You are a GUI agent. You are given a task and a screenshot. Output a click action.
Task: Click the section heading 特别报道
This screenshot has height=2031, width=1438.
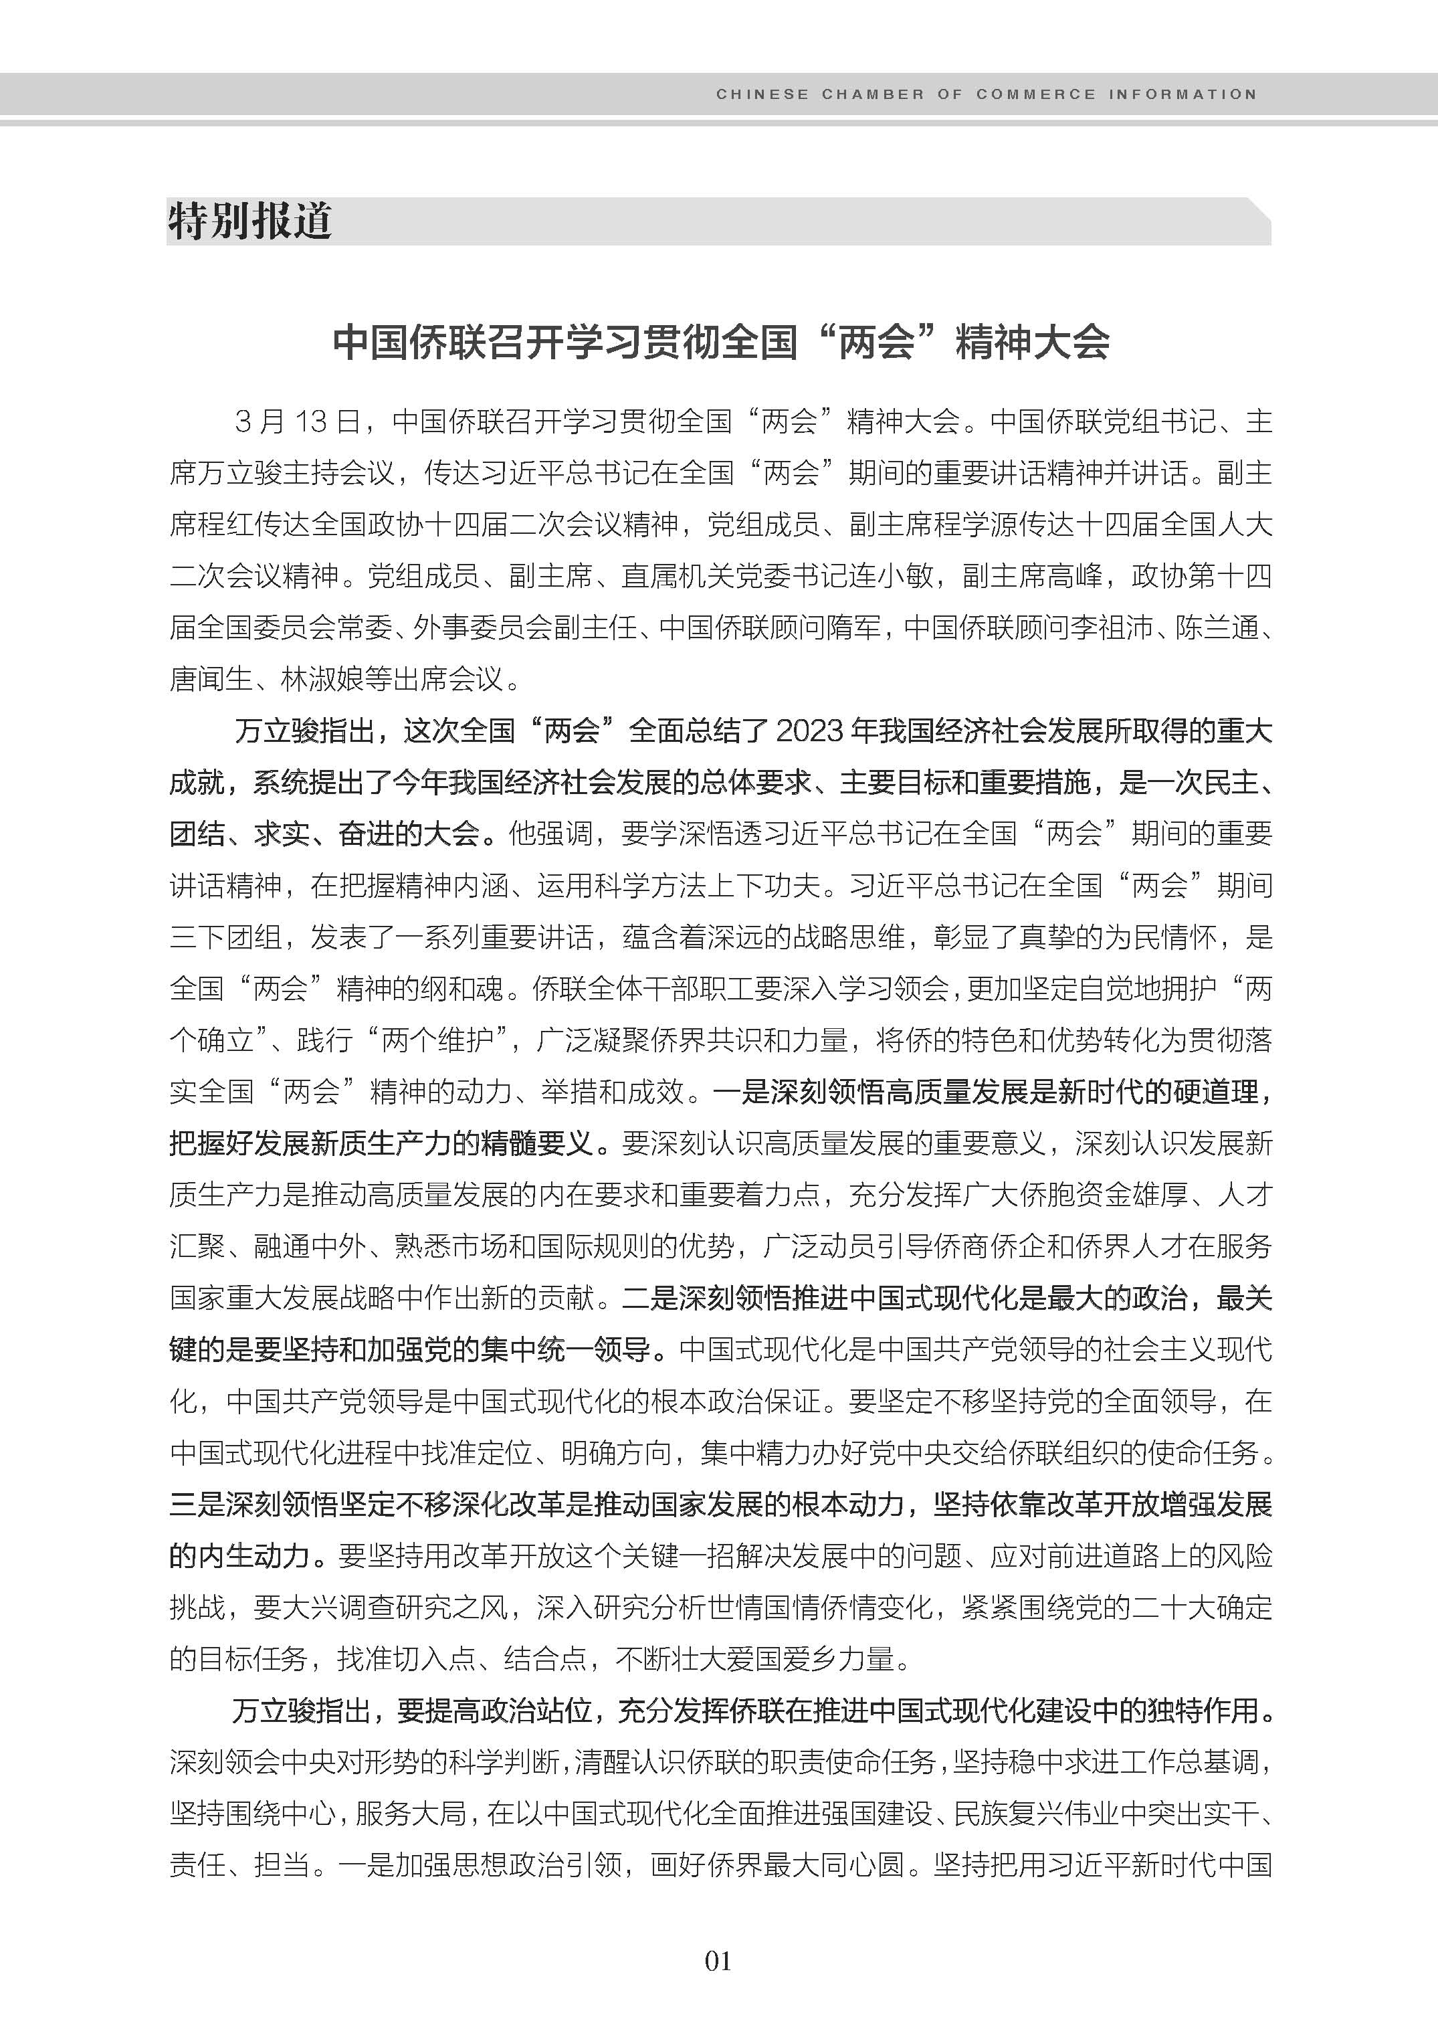pos(249,221)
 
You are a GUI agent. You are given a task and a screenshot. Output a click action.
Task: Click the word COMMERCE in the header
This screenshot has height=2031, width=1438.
pos(1035,94)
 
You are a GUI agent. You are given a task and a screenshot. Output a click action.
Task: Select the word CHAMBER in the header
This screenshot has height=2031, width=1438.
pos(872,94)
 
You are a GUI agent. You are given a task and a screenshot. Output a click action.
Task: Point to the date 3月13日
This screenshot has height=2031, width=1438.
pos(297,421)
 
